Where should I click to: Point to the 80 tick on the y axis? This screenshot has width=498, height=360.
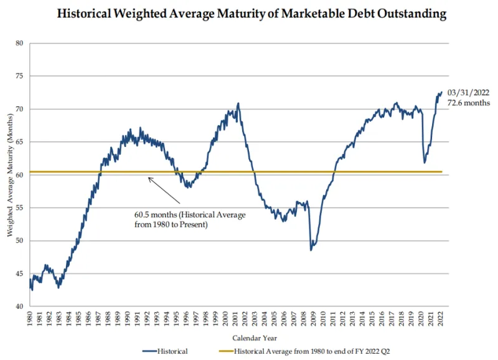(19, 44)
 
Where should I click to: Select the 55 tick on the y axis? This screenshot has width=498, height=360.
(19, 208)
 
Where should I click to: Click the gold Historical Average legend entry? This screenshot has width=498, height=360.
(311, 351)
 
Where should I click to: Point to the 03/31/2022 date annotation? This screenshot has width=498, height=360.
(468, 92)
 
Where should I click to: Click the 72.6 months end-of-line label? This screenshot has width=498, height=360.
(469, 103)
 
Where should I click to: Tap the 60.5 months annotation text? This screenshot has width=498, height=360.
(190, 219)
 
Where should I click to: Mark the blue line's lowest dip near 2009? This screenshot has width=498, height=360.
(311, 250)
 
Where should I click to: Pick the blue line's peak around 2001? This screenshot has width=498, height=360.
(238, 103)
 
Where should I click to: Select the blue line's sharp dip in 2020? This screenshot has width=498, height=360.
(425, 163)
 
